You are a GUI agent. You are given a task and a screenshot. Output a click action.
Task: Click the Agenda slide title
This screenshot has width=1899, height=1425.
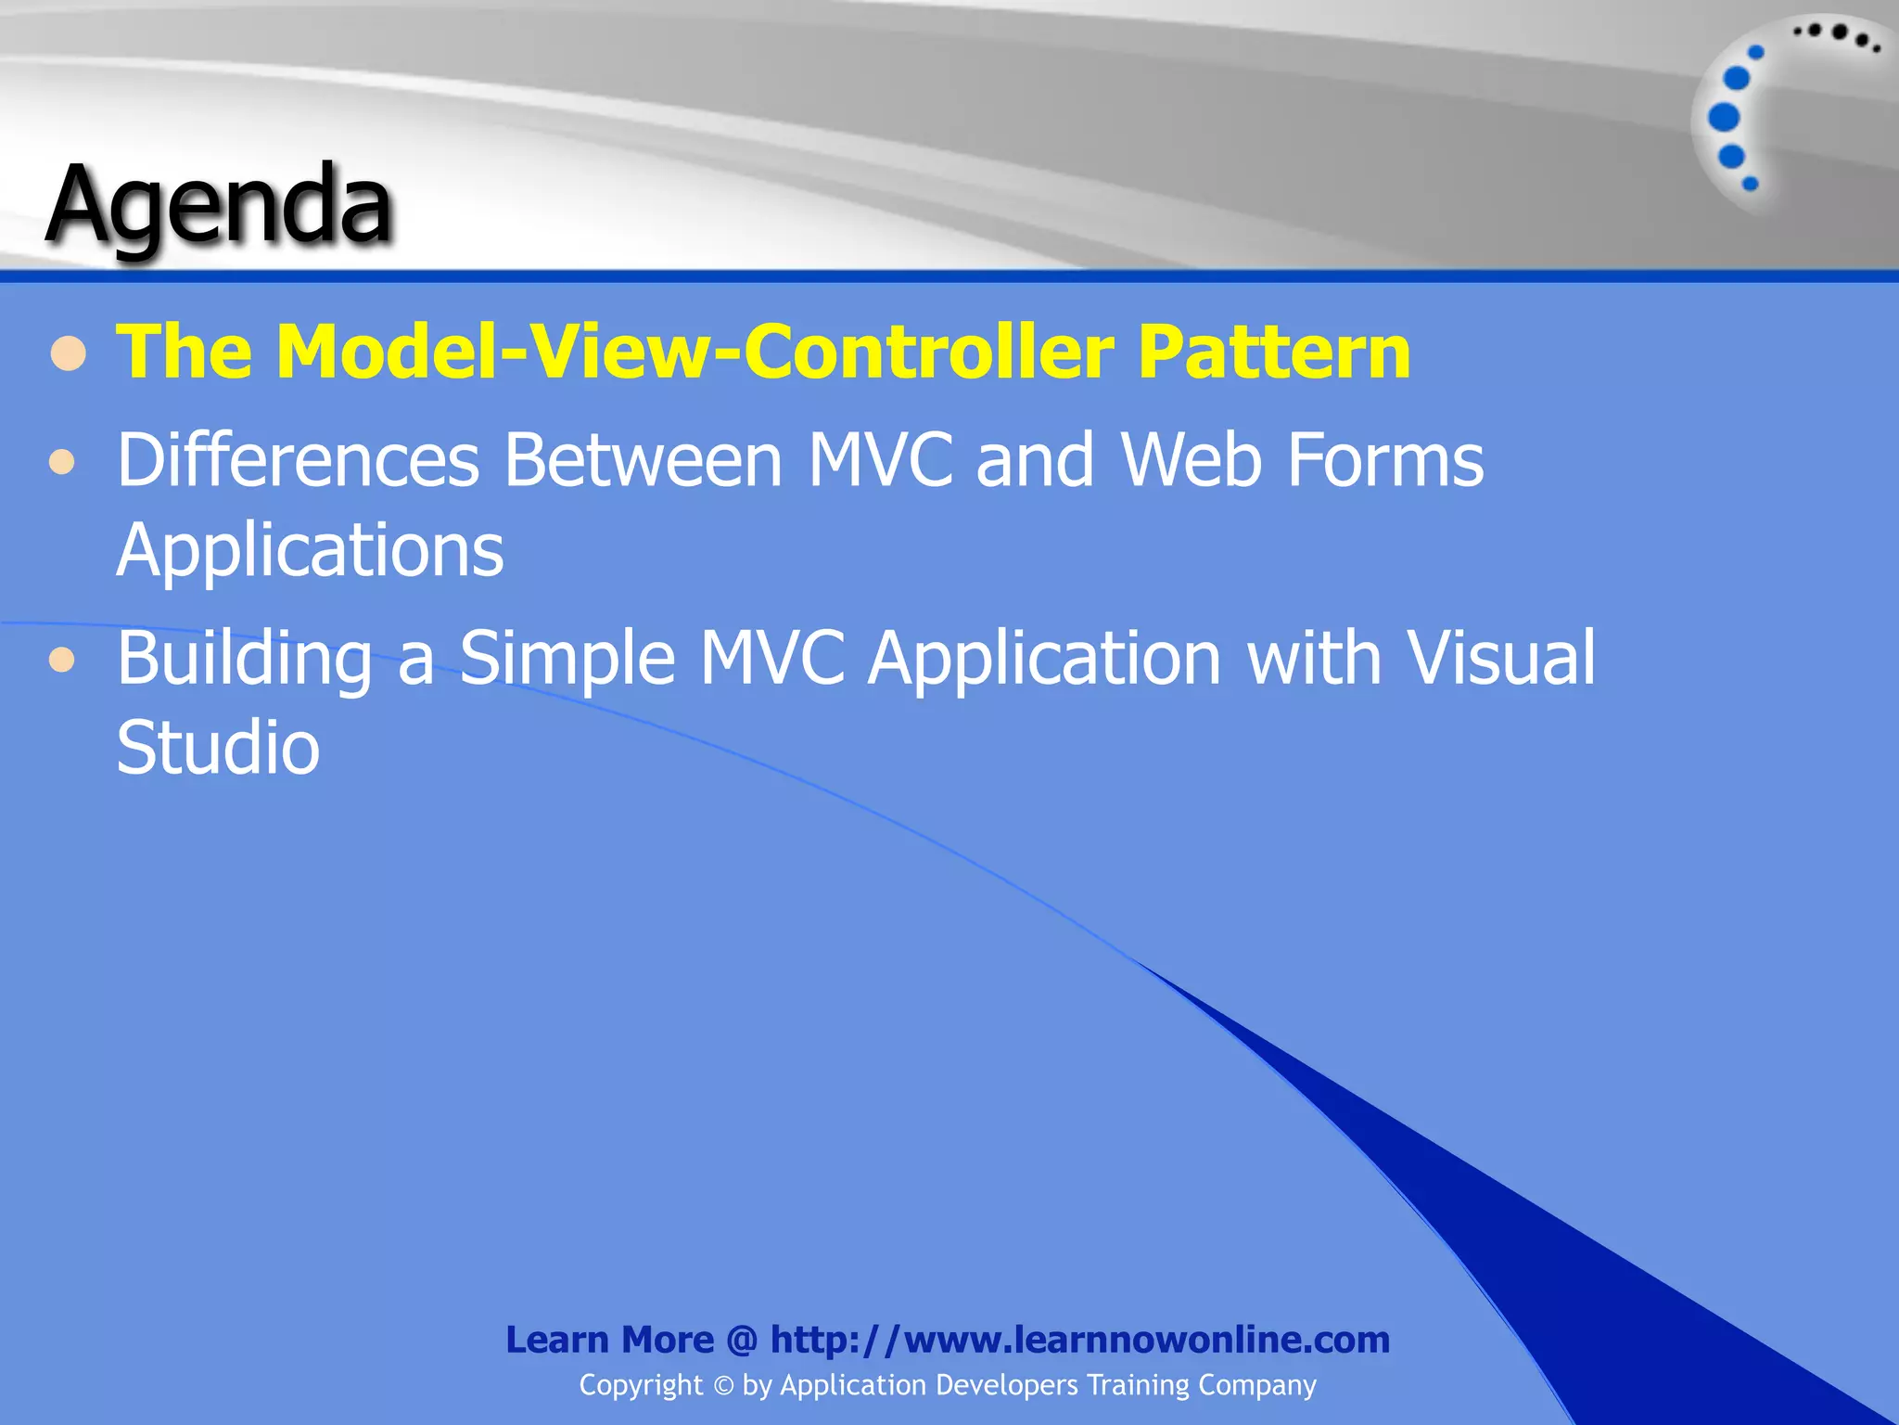pos(220,206)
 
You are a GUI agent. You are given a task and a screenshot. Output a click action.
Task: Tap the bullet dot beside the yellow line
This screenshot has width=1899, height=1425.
pos(69,353)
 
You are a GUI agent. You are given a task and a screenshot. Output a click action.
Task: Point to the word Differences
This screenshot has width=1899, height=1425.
pos(298,460)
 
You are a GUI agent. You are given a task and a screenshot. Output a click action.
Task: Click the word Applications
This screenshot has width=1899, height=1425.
pos(310,550)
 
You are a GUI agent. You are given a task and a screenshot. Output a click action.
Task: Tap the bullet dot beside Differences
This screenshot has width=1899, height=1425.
pos(62,461)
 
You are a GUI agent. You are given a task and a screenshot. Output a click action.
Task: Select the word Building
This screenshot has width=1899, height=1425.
pos(244,659)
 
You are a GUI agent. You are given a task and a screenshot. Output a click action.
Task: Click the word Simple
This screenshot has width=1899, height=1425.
pos(567,659)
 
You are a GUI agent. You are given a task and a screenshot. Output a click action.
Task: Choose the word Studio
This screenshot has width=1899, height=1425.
pos(218,748)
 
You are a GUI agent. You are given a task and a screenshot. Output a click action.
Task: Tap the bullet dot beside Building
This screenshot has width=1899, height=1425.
pos(62,660)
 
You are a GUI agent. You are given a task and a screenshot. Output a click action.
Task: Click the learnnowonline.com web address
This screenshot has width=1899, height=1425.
pos(1079,1340)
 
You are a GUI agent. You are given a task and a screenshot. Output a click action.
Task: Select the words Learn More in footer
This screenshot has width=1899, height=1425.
pos(609,1340)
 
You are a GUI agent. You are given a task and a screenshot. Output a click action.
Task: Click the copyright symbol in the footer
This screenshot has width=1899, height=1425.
pos(723,1386)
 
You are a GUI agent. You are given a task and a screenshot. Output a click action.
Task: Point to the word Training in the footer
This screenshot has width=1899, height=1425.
pos(1138,1385)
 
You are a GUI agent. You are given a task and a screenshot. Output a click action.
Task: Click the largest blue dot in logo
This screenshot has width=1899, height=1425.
pos(1724,118)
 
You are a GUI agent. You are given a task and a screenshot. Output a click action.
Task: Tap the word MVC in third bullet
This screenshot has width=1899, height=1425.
pos(771,659)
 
